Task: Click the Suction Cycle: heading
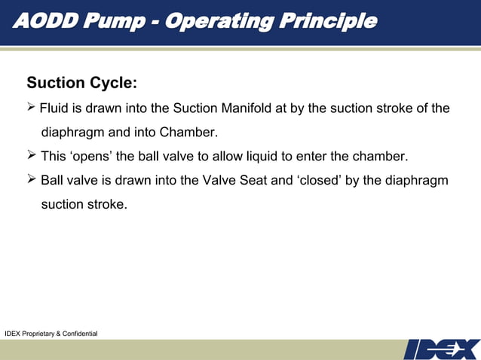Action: coord(81,82)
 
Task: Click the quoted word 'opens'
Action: coord(91,157)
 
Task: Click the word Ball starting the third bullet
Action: coord(53,181)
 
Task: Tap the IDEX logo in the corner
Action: coord(442,349)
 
